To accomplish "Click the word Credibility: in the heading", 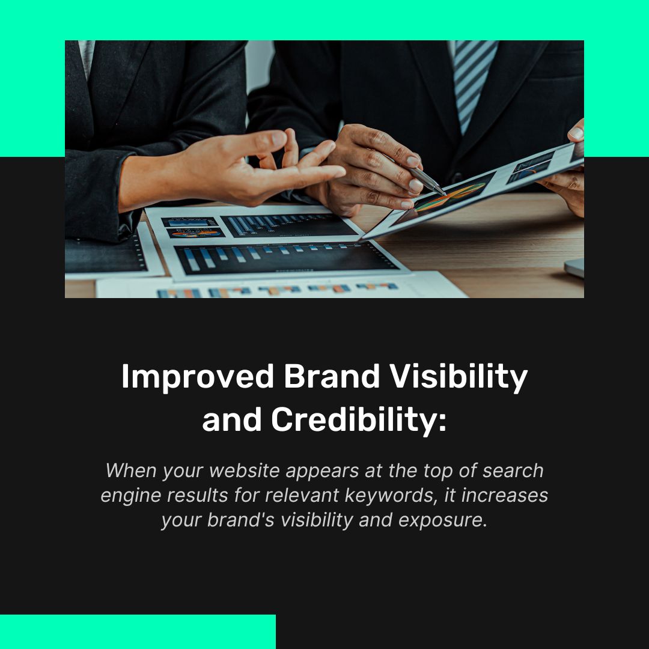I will tap(359, 420).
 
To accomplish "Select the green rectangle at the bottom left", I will tap(138, 631).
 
